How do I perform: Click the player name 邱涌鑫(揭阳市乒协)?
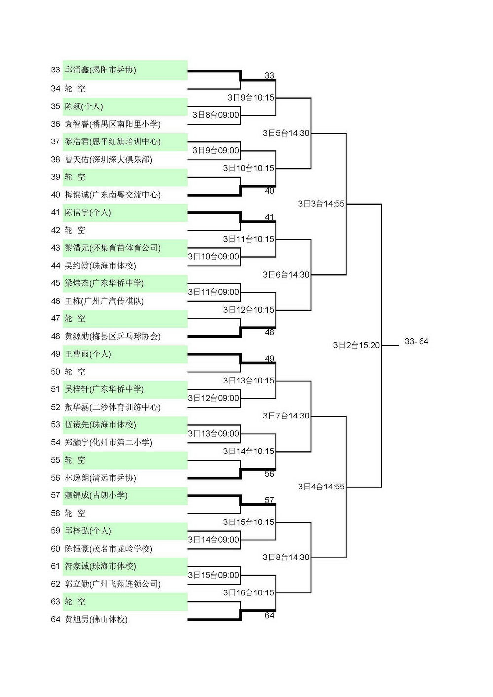click(x=100, y=70)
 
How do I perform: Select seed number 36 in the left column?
click(x=55, y=124)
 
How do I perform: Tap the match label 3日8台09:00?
click(x=216, y=115)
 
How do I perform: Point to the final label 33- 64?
click(x=417, y=341)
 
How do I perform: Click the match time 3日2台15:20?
click(x=356, y=345)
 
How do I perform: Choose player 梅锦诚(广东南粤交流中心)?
click(x=113, y=195)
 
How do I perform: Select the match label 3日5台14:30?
click(x=286, y=133)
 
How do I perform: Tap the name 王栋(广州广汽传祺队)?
click(x=104, y=301)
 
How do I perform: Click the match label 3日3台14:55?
click(x=321, y=204)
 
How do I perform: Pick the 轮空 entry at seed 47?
click(x=75, y=318)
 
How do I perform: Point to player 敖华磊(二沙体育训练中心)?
click(x=113, y=407)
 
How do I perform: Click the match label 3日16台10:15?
click(x=248, y=593)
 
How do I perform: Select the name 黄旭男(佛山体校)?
click(x=96, y=619)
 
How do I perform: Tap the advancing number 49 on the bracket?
click(x=269, y=359)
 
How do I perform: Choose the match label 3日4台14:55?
click(x=321, y=487)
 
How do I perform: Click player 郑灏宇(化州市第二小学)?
click(x=108, y=442)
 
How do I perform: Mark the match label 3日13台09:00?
click(x=213, y=434)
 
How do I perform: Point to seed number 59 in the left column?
click(x=55, y=530)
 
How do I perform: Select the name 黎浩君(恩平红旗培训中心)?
click(x=113, y=142)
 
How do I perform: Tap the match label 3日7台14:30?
click(x=286, y=416)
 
